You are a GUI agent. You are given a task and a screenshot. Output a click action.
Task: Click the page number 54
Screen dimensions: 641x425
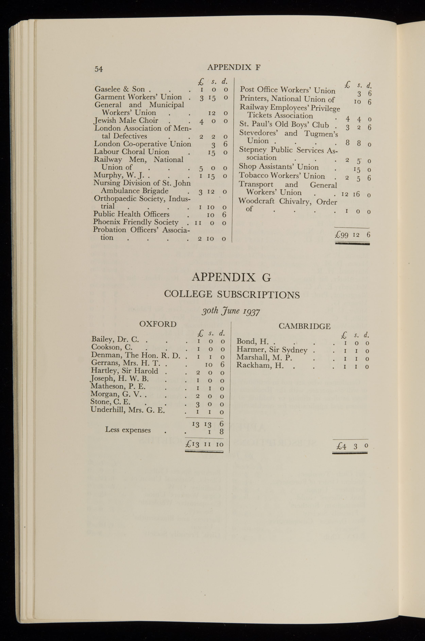99,69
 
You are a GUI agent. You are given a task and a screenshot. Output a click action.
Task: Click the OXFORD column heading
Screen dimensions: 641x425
158,324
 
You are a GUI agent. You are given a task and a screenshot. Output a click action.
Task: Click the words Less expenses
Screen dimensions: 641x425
128,430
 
